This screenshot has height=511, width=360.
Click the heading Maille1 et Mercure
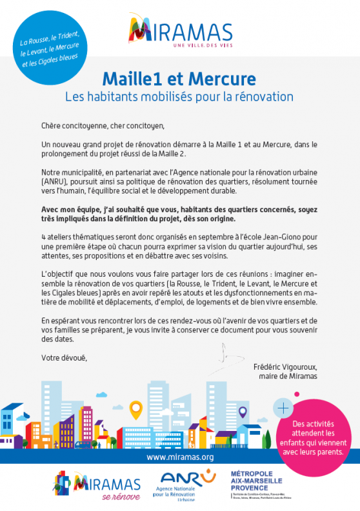pos(179,79)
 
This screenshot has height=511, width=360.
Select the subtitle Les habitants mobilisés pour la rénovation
pos(179,97)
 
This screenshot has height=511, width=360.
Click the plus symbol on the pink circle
pos(283,408)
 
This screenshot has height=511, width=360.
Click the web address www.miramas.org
pos(180,457)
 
